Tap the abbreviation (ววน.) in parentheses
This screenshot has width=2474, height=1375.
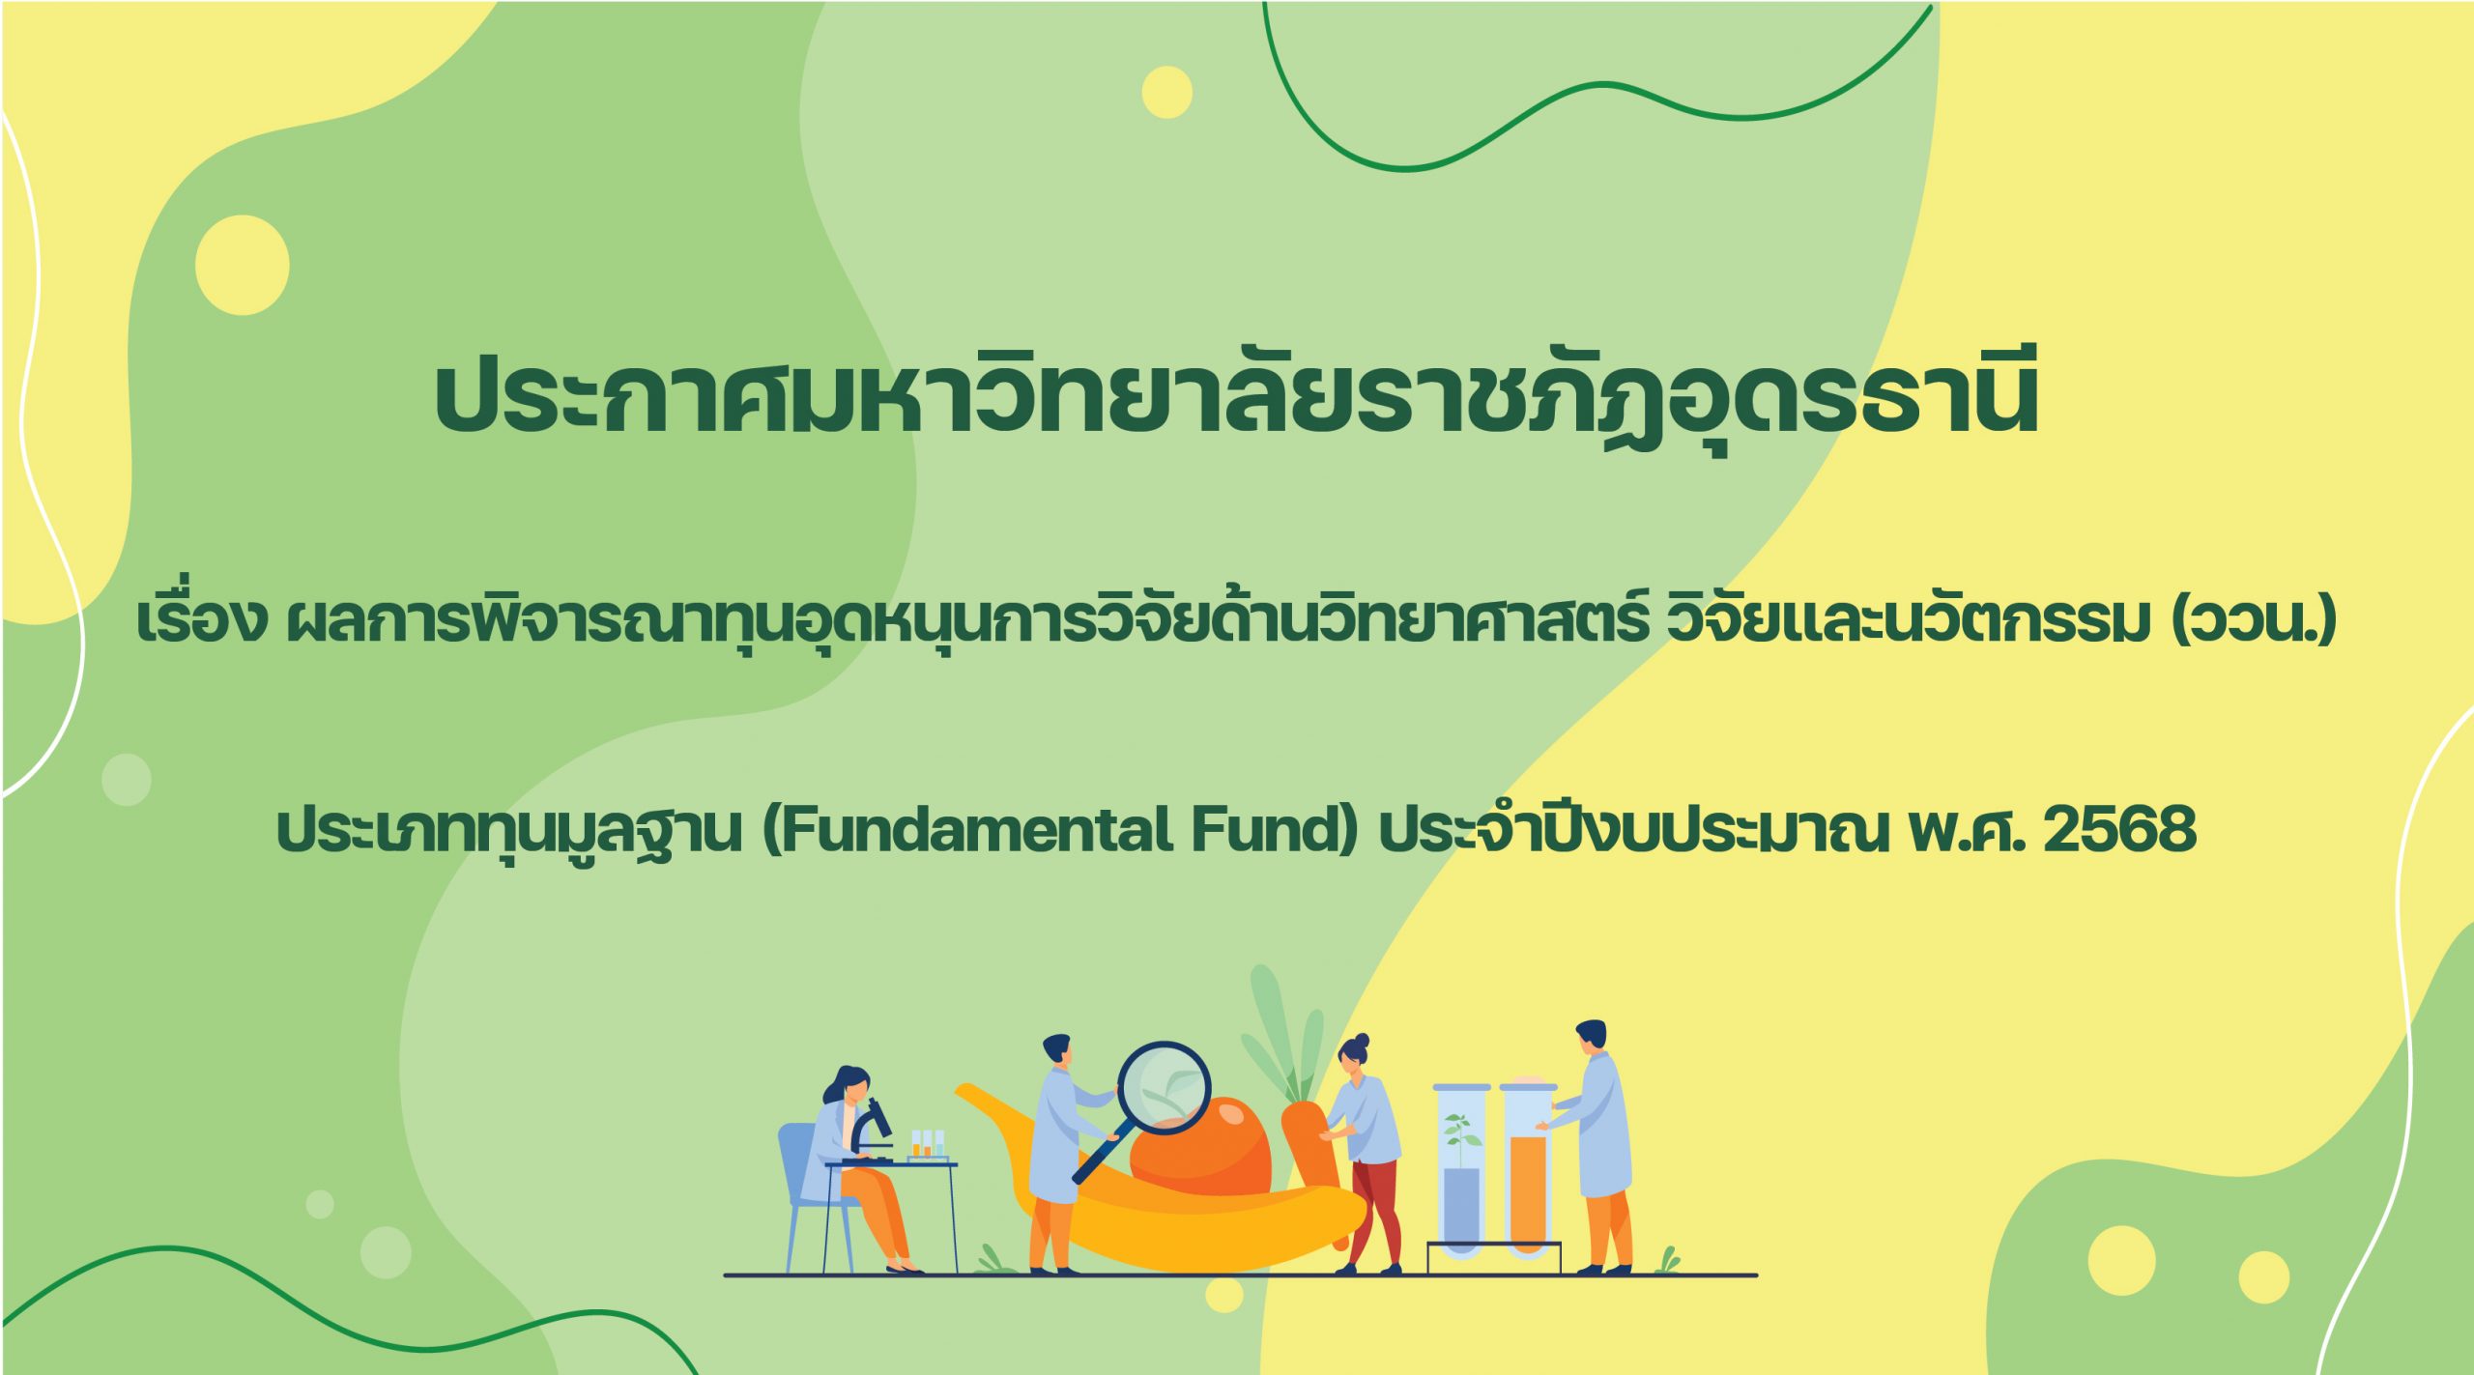[2254, 620]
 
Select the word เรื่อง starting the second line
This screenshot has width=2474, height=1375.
[201, 618]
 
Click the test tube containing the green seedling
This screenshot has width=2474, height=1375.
[1461, 1168]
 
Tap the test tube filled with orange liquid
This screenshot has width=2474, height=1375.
[1528, 1168]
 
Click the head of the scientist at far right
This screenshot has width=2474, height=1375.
[1591, 1037]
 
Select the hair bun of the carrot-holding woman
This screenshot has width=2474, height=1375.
[1362, 1041]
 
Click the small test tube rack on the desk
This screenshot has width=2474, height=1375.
[927, 1145]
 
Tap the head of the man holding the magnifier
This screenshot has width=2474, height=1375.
[1056, 1052]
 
